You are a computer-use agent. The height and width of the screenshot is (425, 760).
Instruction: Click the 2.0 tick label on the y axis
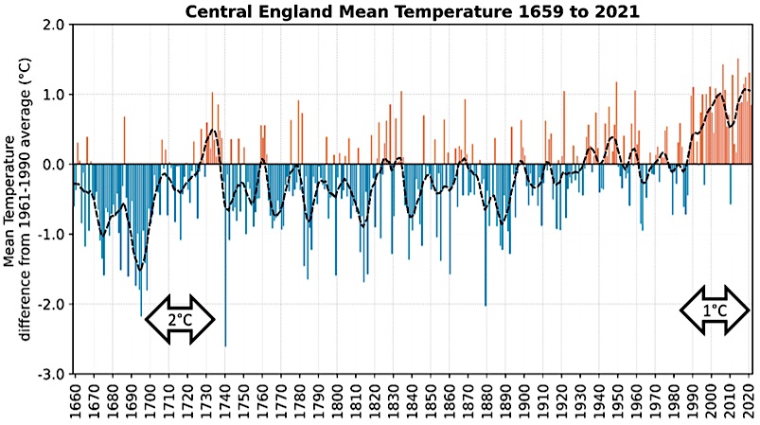[53, 25]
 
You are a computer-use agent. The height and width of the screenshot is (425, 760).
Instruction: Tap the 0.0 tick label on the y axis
[53, 165]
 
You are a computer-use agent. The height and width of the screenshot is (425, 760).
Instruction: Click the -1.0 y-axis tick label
[51, 235]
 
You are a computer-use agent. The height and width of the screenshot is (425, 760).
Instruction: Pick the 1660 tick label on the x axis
[75, 401]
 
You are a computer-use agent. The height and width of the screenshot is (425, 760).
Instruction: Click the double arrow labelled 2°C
[180, 320]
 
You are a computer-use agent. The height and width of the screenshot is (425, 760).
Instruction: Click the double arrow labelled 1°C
[715, 310]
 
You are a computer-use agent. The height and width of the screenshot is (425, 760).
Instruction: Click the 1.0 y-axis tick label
[53, 95]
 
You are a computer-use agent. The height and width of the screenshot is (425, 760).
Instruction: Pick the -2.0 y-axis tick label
[51, 305]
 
